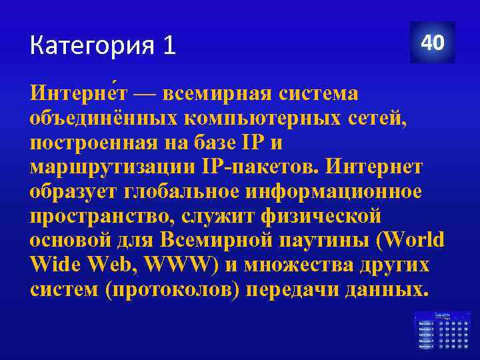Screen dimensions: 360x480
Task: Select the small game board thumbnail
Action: coord(442,329)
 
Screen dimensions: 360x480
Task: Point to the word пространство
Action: coord(94,216)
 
